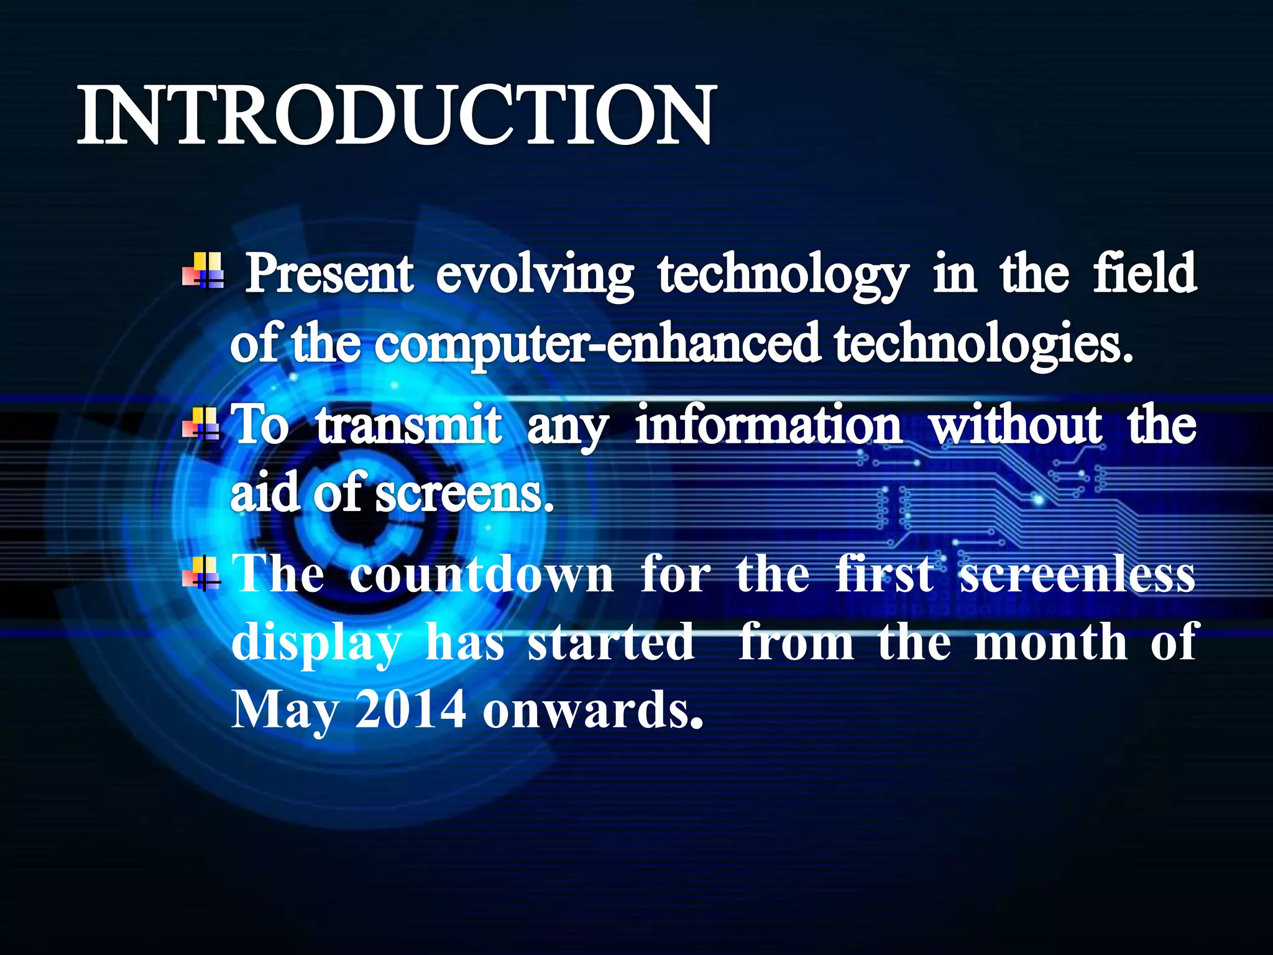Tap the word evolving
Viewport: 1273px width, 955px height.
coord(535,275)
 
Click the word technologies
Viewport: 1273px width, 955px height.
coord(983,345)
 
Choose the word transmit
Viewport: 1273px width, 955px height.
coord(408,425)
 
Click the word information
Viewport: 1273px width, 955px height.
coord(768,425)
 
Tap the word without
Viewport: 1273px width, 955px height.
coord(1015,425)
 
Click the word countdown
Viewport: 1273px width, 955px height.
coord(481,574)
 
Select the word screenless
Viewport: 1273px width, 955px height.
coord(1077,574)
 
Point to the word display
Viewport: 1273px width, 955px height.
coord(316,644)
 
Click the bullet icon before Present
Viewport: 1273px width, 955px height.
coord(203,271)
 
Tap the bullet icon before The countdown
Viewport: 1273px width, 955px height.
coord(201,573)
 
